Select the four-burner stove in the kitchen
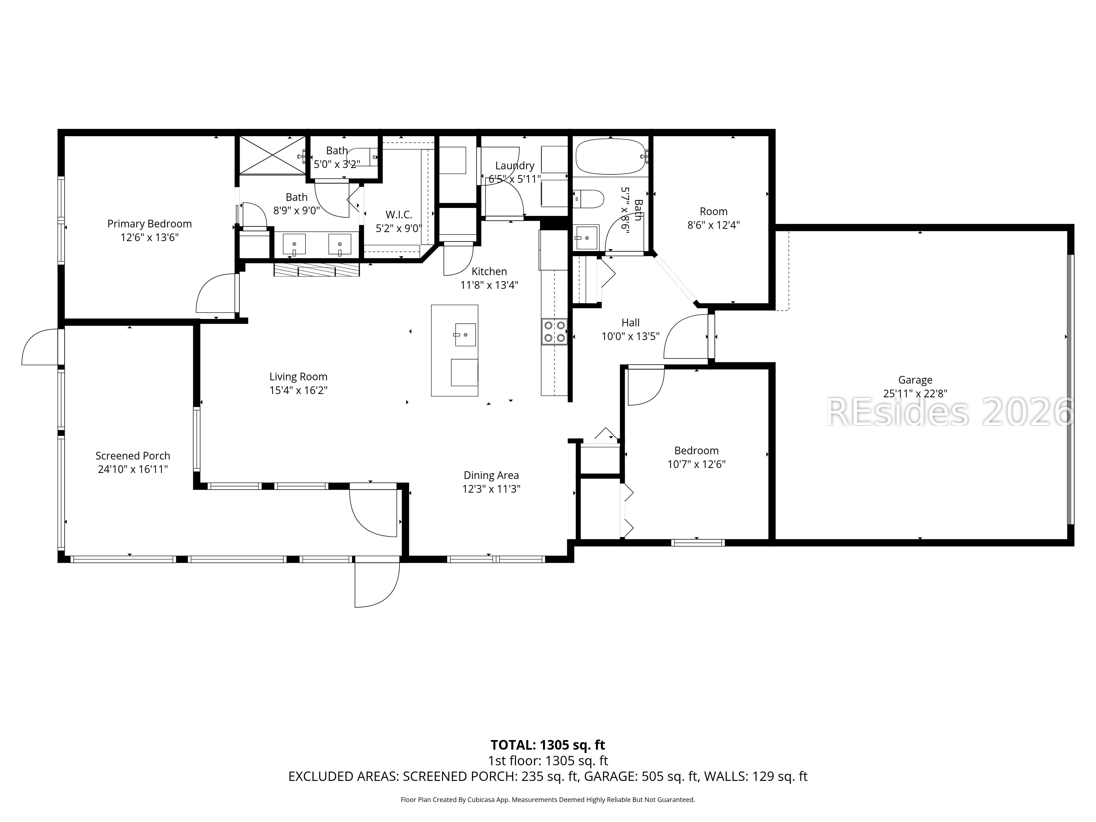555,332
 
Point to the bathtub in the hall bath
611,156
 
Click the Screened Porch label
133,456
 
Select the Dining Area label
491,476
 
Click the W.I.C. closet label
399,215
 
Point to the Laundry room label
515,166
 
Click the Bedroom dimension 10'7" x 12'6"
696,464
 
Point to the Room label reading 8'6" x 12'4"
713,218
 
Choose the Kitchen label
489,272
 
